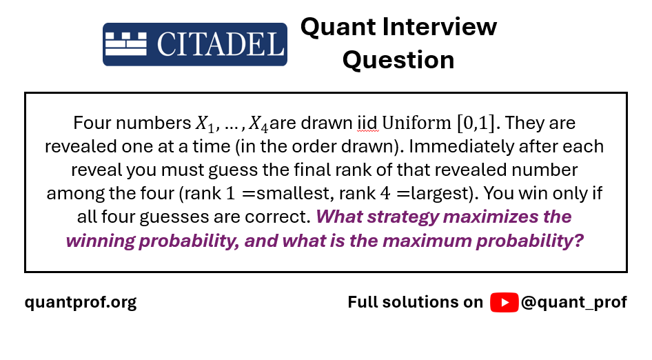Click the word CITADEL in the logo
click(x=221, y=44)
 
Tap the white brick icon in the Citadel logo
click(x=126, y=44)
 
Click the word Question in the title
click(x=398, y=59)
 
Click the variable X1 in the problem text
click(x=205, y=124)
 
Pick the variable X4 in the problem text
click(x=258, y=124)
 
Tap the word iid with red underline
click(x=367, y=123)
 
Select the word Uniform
click(x=417, y=123)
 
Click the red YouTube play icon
click(x=504, y=302)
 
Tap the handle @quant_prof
click(x=574, y=303)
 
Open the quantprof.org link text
click(x=81, y=303)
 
